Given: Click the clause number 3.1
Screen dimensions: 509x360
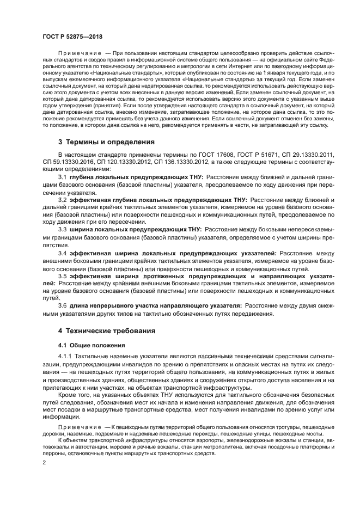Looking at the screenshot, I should click(62, 177).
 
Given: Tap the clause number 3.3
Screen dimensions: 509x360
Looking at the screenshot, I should click(62, 230).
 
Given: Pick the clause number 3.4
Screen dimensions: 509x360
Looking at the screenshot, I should click(62, 253).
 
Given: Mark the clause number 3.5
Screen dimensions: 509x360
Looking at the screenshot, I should click(62, 276).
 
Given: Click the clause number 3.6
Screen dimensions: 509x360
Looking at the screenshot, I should click(62, 306).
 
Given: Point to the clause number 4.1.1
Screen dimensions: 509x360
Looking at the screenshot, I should click(65, 357).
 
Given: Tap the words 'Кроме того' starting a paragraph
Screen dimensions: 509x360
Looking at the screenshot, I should click(75, 394).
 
